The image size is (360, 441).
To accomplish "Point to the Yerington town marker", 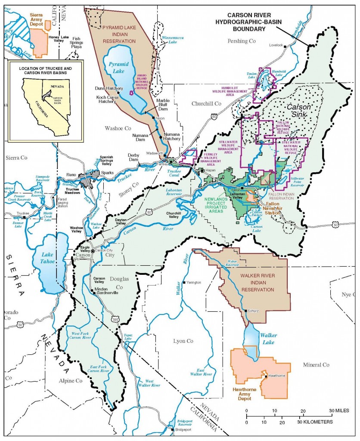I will click(x=184, y=282).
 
